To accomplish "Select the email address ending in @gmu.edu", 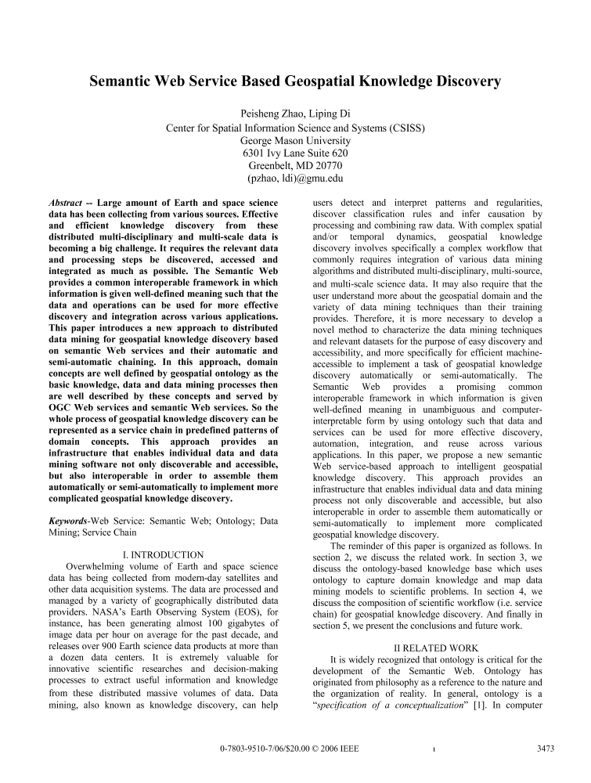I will point(295,179).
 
